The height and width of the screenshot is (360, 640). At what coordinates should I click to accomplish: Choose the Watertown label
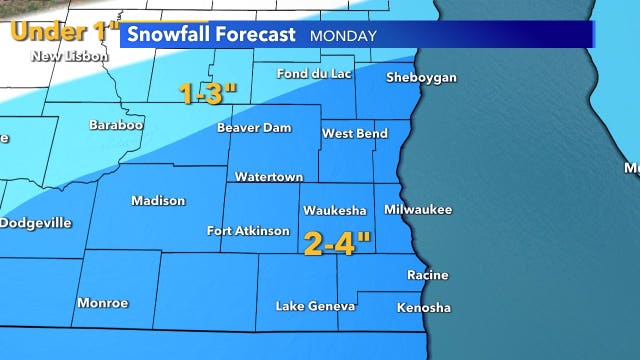click(x=268, y=177)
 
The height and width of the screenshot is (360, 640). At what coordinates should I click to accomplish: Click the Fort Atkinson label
click(x=248, y=231)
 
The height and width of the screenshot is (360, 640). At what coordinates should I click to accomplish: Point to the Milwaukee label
click(x=418, y=210)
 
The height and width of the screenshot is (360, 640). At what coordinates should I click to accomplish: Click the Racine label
click(x=427, y=275)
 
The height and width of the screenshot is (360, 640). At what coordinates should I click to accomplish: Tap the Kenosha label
click(x=423, y=307)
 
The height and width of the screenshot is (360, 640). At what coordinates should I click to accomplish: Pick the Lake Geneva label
click(x=315, y=306)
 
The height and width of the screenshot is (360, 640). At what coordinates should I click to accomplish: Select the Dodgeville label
click(x=35, y=223)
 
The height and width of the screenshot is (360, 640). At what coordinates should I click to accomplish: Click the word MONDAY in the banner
click(x=343, y=35)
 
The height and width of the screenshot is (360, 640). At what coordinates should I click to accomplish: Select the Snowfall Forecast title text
click(x=211, y=34)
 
